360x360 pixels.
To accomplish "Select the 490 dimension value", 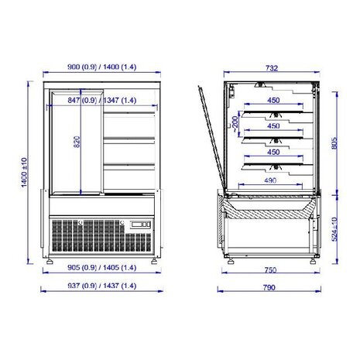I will tap(269, 180).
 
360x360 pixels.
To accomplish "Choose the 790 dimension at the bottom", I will tap(269, 287).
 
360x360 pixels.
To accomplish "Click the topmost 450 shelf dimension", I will tap(273, 99).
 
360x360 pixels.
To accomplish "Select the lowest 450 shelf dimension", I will tap(273, 153).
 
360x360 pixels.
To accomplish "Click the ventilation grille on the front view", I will tap(85, 234).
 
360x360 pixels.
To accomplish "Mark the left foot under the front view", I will tap(51, 262).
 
